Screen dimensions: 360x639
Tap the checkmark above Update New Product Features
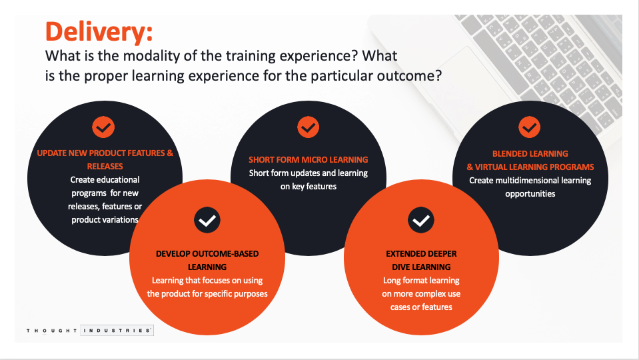[x=104, y=126]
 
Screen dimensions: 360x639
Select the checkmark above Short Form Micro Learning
[x=308, y=126]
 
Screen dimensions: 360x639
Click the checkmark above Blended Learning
[x=529, y=126]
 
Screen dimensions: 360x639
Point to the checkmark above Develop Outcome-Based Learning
[x=207, y=220]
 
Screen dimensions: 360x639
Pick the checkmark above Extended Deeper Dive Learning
[x=421, y=220]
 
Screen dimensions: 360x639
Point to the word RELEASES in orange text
[x=105, y=166]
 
